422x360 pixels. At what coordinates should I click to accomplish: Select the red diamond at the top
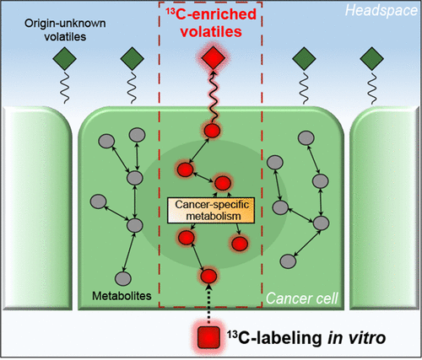pos(210,60)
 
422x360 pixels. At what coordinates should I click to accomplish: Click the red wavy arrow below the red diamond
pos(210,97)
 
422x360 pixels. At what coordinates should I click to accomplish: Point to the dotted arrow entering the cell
pos(210,304)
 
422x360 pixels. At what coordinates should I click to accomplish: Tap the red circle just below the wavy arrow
pos(211,130)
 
